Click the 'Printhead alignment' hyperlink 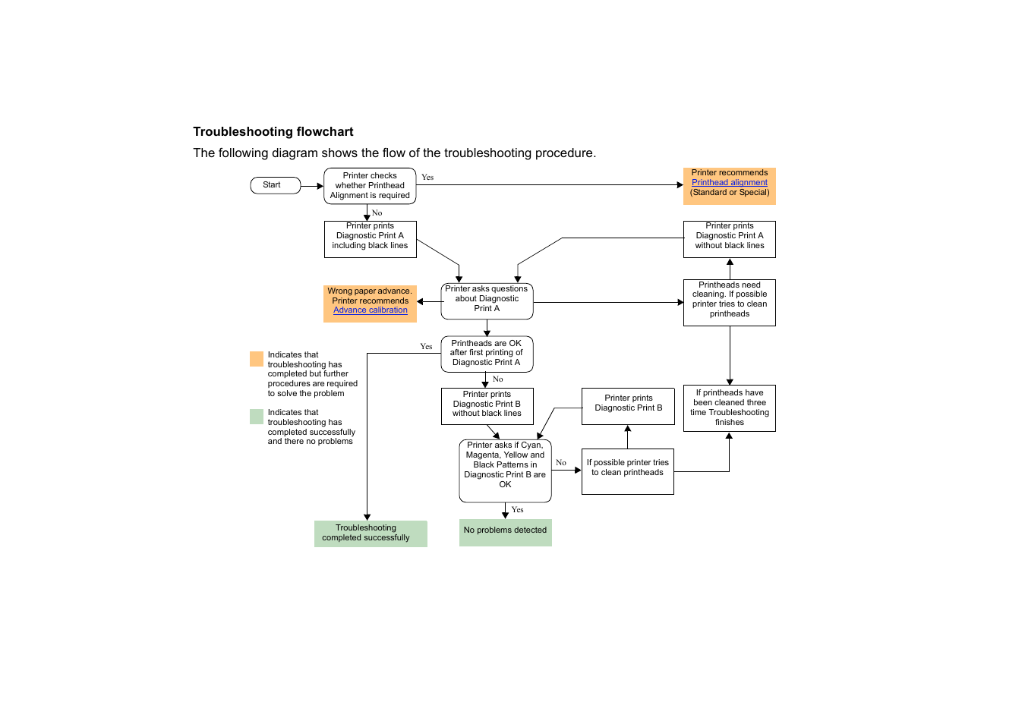tap(729, 183)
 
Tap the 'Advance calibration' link tap(370, 310)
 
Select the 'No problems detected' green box tap(505, 531)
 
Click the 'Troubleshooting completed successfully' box tap(370, 534)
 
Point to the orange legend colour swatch tap(257, 359)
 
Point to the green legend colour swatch tap(257, 417)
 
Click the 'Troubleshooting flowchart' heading tap(273, 132)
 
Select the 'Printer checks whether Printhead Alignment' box tap(370, 186)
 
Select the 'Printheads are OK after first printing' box tap(487, 354)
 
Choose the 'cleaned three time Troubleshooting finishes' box tap(729, 408)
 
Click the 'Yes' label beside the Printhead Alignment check tap(427, 178)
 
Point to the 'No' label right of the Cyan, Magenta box tap(561, 463)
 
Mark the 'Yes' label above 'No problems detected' tap(518, 510)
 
